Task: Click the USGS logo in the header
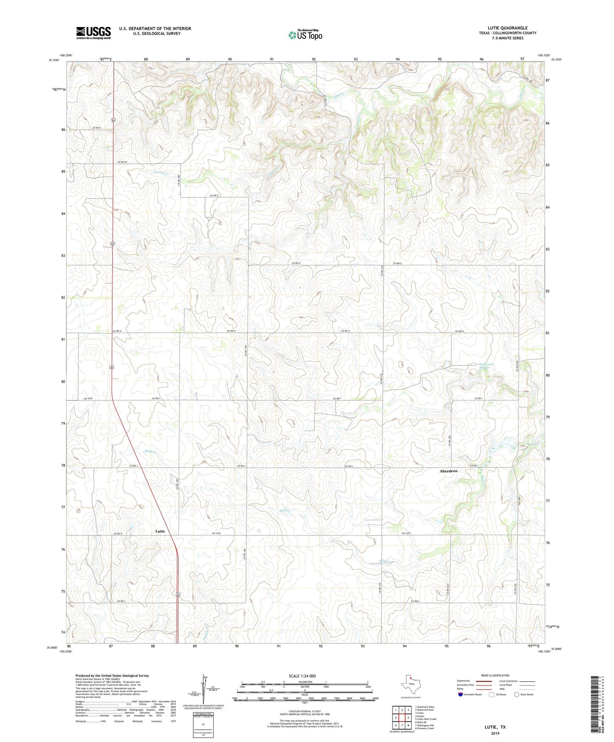(x=93, y=33)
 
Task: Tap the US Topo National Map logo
(x=305, y=35)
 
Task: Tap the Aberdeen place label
(x=448, y=471)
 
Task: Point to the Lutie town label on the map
(x=160, y=531)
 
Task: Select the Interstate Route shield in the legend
(x=461, y=694)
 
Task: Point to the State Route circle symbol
(x=516, y=694)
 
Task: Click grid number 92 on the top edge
(x=314, y=59)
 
